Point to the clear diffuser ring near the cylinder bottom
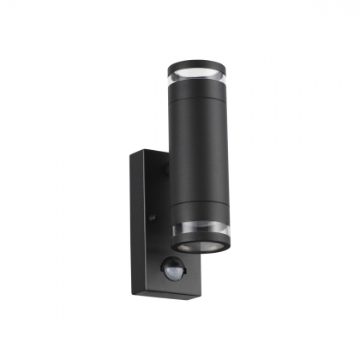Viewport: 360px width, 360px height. (x=199, y=229)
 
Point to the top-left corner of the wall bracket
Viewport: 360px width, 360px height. (x=132, y=154)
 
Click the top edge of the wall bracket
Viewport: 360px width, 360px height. (x=150, y=155)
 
